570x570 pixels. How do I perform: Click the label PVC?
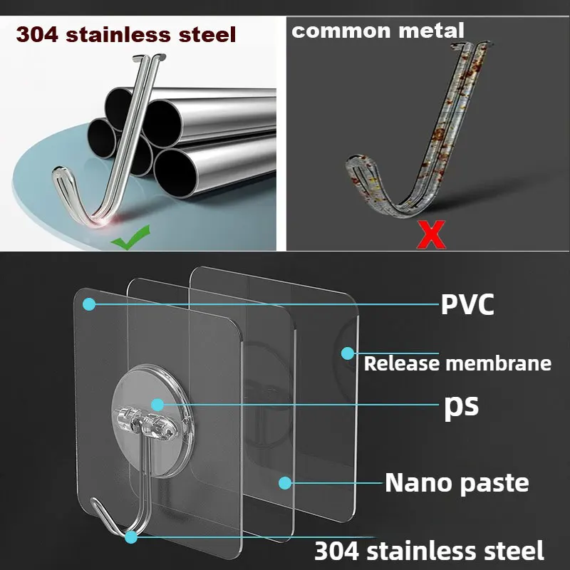pos(467,304)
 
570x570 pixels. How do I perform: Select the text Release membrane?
pos(457,363)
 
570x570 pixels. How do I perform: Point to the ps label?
pos(461,405)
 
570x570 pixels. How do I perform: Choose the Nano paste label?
pos(457,482)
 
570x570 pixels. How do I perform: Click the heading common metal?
pos(378,31)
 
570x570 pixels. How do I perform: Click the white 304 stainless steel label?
pos(429,550)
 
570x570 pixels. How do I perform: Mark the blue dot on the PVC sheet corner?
pos(88,304)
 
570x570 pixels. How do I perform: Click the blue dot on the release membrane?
pos(347,353)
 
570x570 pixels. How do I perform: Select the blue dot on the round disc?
pos(157,404)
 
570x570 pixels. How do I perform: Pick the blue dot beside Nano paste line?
pos(285,482)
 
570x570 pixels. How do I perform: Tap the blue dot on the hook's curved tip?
pos(130,535)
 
